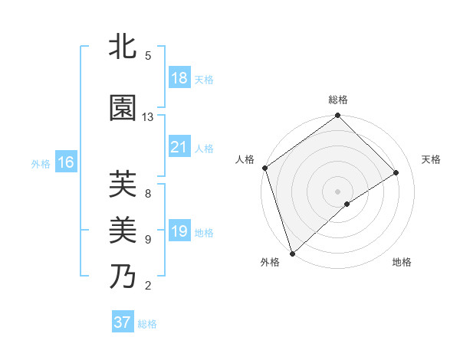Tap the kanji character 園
tap(123, 108)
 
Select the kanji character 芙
tap(123, 184)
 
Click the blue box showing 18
tap(179, 79)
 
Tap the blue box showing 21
tap(179, 147)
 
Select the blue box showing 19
tap(179, 232)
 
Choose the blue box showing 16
tap(66, 162)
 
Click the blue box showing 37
tap(123, 322)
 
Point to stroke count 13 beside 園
tap(148, 116)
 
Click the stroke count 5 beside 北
tap(148, 56)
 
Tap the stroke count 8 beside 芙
tap(148, 193)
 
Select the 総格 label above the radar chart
tap(338, 100)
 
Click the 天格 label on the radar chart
tap(432, 159)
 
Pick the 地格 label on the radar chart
tap(402, 262)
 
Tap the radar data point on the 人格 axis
tap(264, 168)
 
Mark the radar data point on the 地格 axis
tap(347, 204)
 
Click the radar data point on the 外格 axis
tap(292, 252)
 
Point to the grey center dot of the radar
tap(337, 191)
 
